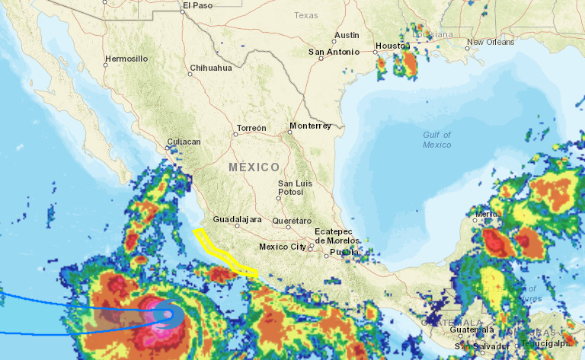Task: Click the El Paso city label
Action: tap(197, 5)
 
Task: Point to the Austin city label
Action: tap(347, 35)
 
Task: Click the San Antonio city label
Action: tap(333, 52)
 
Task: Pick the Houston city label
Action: tap(393, 46)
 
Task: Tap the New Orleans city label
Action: tap(491, 42)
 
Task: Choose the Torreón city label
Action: tap(251, 128)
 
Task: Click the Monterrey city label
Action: tap(310, 126)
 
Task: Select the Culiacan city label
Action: tap(184, 142)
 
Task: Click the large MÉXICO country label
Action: tap(254, 167)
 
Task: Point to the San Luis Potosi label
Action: tap(295, 188)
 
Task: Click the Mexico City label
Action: tap(283, 247)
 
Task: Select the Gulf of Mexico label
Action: tap(437, 139)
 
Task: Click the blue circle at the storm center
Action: tap(167, 314)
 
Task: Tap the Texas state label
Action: tap(306, 15)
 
